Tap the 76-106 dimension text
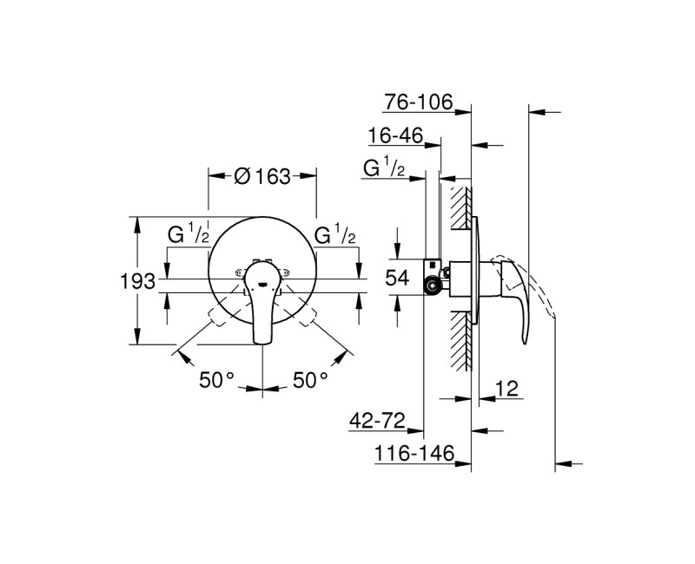pyautogui.click(x=419, y=103)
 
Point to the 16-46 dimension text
pyautogui.click(x=394, y=136)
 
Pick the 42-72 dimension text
pyautogui.click(x=378, y=421)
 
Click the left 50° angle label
pyautogui.click(x=217, y=379)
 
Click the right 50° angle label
pyautogui.click(x=309, y=379)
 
